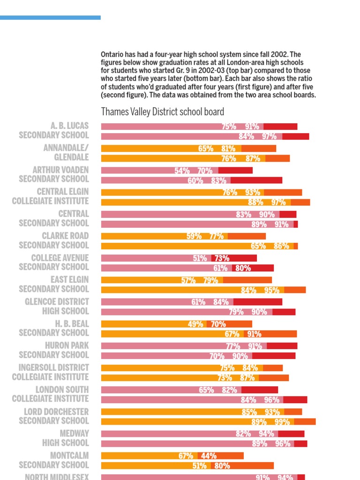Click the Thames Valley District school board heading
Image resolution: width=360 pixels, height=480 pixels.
162,112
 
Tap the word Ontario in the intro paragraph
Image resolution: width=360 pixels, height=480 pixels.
112,54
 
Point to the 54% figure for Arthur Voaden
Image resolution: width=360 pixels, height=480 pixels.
182,171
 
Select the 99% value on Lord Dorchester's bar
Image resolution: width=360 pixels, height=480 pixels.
282,422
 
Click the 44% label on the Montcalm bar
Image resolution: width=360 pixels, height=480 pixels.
209,456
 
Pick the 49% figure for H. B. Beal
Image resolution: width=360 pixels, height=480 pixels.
195,324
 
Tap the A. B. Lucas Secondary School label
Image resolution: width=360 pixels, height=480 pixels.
53,130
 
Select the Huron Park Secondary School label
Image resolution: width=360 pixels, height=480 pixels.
53,350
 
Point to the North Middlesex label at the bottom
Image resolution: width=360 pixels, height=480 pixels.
56,477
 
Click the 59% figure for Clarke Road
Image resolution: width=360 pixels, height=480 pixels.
194,236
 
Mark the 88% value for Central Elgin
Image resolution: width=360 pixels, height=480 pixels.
255,202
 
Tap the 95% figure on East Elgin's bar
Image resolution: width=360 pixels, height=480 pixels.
271,290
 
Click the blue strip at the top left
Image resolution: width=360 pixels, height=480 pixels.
50,18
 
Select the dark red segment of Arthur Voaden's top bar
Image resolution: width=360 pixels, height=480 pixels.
235,171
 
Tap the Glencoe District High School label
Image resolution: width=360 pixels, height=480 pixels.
57,306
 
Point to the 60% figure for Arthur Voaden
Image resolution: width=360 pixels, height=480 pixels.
195,180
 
